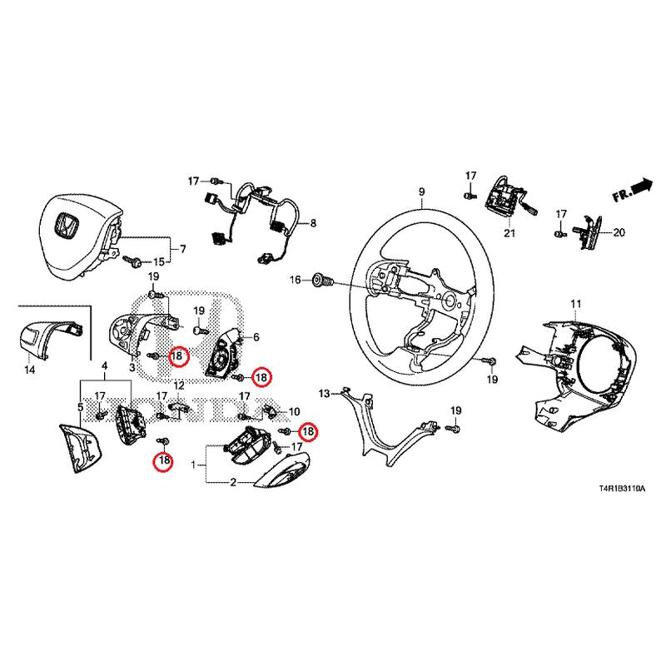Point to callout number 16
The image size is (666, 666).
coord(295,281)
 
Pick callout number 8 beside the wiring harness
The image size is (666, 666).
coord(314,224)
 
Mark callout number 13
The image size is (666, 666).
coord(325,390)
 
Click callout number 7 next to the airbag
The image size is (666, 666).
coord(183,249)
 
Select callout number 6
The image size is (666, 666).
coord(256,337)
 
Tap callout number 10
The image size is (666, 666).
coord(293,411)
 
